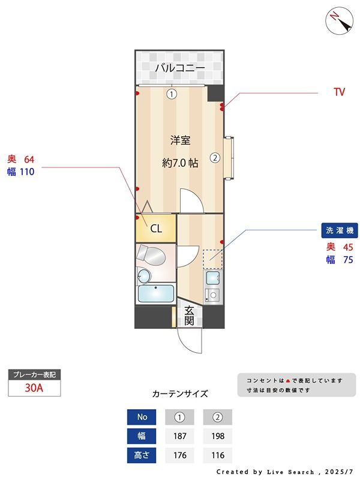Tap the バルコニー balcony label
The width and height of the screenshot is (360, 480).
[x=180, y=67]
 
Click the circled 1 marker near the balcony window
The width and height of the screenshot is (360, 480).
[x=172, y=94]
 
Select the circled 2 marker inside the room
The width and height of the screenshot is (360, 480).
[x=215, y=158]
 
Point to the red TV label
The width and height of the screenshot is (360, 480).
[x=339, y=92]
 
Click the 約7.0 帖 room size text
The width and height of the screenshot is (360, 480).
[x=180, y=163]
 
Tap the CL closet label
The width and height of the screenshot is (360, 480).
[x=156, y=229]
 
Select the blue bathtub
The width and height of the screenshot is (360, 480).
[x=156, y=293]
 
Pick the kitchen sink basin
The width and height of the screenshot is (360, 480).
[x=212, y=278]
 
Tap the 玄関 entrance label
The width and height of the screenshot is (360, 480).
[x=189, y=316]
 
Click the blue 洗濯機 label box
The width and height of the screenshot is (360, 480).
[x=340, y=230]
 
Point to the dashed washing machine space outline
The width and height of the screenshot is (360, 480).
[x=212, y=259]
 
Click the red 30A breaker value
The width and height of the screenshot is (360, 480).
[x=34, y=388]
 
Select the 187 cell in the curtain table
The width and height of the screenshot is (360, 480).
[x=179, y=436]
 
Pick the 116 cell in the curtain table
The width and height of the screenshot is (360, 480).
[x=218, y=455]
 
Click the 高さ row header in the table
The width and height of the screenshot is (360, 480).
[x=142, y=455]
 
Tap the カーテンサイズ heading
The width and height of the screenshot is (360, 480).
[x=180, y=394]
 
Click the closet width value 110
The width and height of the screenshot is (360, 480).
[x=27, y=172]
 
